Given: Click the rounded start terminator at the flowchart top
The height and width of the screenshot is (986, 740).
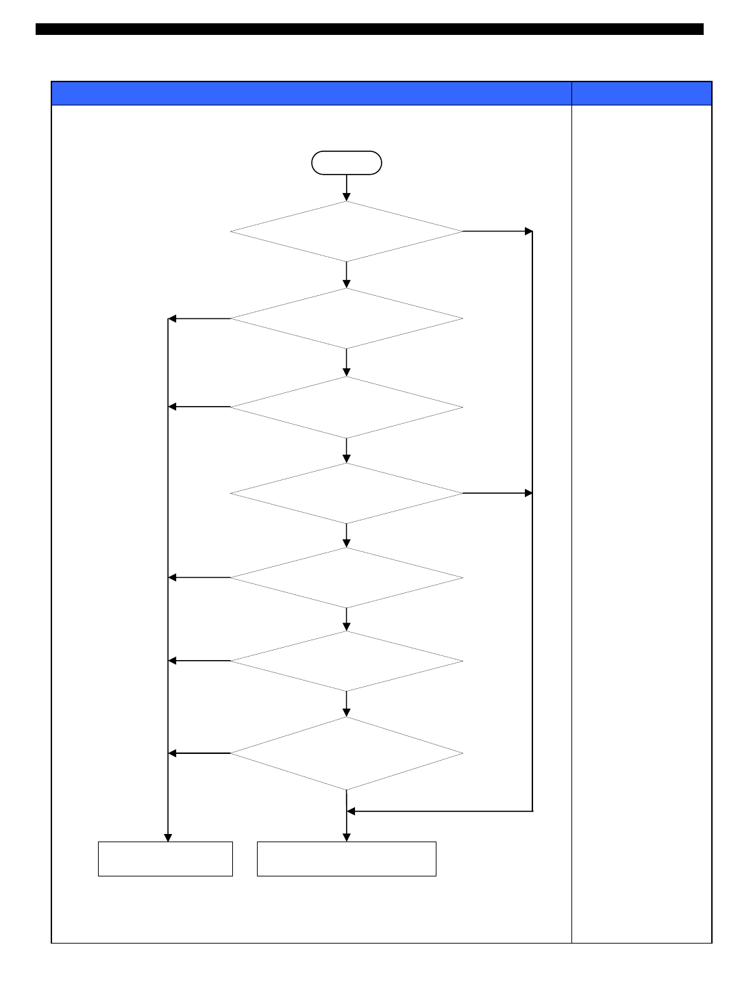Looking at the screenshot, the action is pos(346,163).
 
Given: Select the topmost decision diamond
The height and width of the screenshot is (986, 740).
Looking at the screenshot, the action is pos(346,231).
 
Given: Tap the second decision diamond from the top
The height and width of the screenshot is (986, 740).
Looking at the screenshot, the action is pos(346,318).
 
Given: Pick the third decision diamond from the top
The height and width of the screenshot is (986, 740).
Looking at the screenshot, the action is pos(346,407).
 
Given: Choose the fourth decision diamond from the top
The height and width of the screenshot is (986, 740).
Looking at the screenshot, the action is pos(346,493).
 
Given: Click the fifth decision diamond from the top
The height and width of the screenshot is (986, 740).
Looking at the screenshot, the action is pos(346,578).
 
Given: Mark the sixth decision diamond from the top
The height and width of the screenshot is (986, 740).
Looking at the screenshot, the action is pos(346,661).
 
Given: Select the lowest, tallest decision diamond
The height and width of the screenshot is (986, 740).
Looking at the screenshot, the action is pos(346,753).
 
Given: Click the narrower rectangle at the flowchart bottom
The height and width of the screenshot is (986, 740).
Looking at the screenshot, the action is pos(165,859).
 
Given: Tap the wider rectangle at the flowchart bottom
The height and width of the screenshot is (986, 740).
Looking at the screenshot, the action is pos(346,859).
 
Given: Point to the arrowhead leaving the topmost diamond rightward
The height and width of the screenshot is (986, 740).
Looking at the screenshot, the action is pos(528,231).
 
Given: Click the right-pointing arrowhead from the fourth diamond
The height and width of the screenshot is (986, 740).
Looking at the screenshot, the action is pos(528,493).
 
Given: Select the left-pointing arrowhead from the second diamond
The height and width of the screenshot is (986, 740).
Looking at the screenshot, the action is pos(173,318).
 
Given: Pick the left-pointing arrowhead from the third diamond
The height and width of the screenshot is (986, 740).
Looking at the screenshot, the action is pos(173,407).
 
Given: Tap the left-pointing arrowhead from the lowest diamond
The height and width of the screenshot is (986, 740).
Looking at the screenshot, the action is pos(173,753).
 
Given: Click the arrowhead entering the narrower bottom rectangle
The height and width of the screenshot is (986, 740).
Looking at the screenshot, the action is pos(168,837).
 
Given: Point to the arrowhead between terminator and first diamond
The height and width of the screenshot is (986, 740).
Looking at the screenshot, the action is pos(346,197).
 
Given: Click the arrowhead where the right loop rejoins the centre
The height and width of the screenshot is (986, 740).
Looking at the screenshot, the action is pos(351,811).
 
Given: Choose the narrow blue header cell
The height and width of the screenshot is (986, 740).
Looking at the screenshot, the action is pos(641,93).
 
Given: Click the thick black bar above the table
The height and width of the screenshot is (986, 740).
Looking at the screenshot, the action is pos(369,29).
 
